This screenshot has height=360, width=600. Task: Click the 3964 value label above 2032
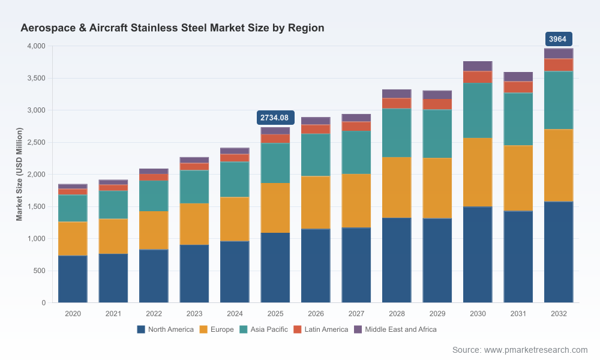559,39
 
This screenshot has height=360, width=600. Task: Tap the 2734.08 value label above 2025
275,118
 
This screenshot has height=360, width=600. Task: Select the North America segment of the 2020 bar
73,279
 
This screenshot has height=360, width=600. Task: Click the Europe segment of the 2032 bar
559,165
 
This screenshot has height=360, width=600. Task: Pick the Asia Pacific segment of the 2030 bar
478,110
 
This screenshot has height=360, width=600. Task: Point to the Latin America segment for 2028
397,103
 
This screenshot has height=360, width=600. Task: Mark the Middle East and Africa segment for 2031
518,77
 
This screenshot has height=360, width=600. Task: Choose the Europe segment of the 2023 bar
194,224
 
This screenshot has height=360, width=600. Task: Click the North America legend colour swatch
141,329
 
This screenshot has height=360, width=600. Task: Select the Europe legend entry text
222,329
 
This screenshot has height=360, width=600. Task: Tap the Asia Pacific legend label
269,329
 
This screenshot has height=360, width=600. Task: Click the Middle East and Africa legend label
401,329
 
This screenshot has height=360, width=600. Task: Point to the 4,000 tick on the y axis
36,46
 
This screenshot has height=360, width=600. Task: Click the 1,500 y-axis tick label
36,206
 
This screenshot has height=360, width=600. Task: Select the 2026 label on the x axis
316,314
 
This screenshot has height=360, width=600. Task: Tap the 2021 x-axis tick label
113,314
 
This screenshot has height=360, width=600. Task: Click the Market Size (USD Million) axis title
19,174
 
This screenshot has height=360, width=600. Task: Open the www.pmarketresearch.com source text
536,350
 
